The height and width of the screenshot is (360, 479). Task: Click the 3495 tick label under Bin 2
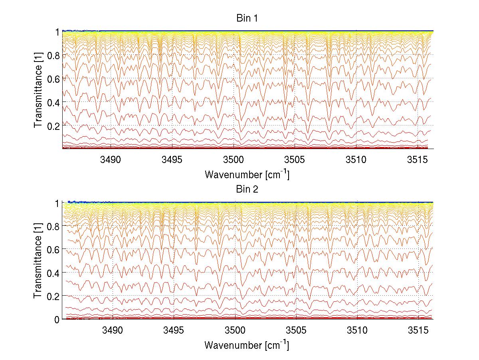[174, 330]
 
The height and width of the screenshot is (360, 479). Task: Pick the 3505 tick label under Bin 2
[296, 330]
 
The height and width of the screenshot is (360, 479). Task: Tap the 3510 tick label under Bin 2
[357, 330]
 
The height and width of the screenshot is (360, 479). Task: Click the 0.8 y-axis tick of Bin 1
[54, 55]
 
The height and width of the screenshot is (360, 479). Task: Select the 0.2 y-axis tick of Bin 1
[54, 125]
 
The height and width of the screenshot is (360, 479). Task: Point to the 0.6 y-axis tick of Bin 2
[54, 249]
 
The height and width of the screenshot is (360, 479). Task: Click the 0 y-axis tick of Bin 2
[57, 319]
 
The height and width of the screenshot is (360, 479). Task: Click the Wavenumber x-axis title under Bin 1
[247, 175]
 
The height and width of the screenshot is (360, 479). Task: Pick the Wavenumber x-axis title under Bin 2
[247, 345]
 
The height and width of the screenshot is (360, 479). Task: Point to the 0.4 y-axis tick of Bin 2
[54, 272]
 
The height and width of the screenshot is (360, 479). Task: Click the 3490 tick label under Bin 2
[113, 330]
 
